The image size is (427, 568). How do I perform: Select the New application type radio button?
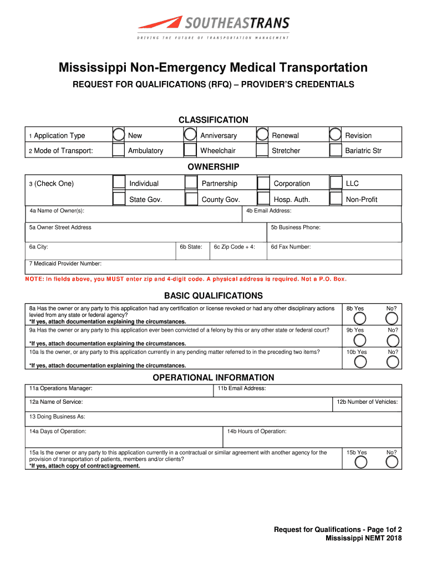click(119, 135)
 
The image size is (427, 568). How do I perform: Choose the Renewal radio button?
click(262, 135)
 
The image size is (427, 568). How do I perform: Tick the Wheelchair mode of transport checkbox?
click(190, 150)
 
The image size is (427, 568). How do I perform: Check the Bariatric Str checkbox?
click(335, 150)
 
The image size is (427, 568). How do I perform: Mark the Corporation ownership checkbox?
click(263, 183)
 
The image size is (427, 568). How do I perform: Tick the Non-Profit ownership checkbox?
click(336, 199)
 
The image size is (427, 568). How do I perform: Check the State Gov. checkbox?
click(119, 199)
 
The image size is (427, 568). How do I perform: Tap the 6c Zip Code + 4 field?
click(238, 252)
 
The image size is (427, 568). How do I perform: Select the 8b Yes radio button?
click(360, 318)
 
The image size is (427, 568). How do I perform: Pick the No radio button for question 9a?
click(392, 340)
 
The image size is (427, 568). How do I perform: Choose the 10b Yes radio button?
click(360, 362)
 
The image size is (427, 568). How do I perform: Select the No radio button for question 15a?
click(392, 462)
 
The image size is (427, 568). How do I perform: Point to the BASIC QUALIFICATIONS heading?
click(213, 296)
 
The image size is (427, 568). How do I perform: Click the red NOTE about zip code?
click(186, 278)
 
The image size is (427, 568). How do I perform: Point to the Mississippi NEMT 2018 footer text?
click(363, 538)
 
